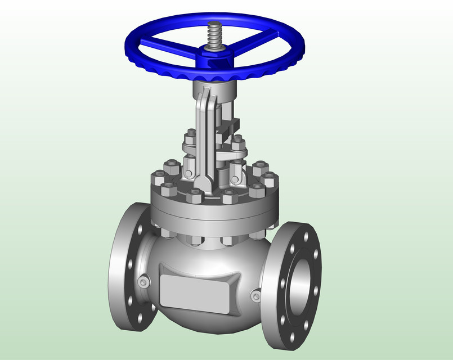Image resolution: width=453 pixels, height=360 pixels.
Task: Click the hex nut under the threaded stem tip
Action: (x=215, y=49)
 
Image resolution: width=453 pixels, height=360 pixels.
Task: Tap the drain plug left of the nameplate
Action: (x=143, y=282)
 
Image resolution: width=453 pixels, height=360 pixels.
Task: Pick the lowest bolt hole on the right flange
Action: (x=293, y=337)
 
